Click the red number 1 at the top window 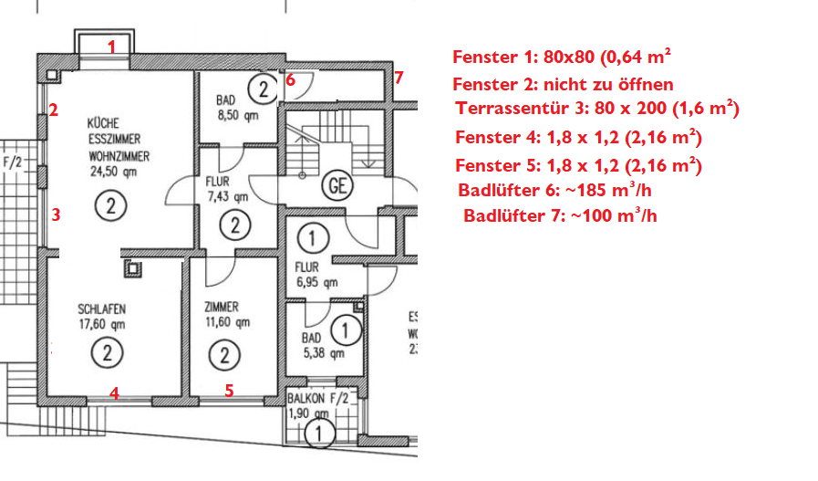(111, 47)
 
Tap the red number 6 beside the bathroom (291, 80)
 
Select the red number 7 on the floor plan (399, 78)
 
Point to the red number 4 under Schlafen (114, 392)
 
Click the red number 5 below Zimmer (229, 390)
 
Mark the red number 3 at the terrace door (56, 214)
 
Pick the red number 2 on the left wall (53, 110)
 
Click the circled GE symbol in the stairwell (337, 185)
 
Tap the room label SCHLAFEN (102, 308)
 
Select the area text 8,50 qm (238, 115)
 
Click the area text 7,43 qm (227, 196)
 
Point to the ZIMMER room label (222, 307)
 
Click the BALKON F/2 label (317, 398)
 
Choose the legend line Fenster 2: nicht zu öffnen (563, 84)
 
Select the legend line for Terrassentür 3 (597, 108)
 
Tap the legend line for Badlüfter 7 (560, 215)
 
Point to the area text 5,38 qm (324, 353)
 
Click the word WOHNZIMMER (119, 156)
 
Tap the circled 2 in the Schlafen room (107, 353)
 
